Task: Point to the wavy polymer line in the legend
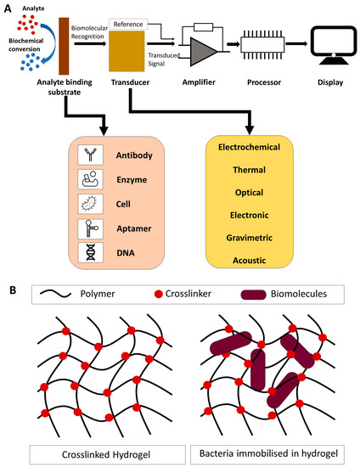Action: pos(60,295)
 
